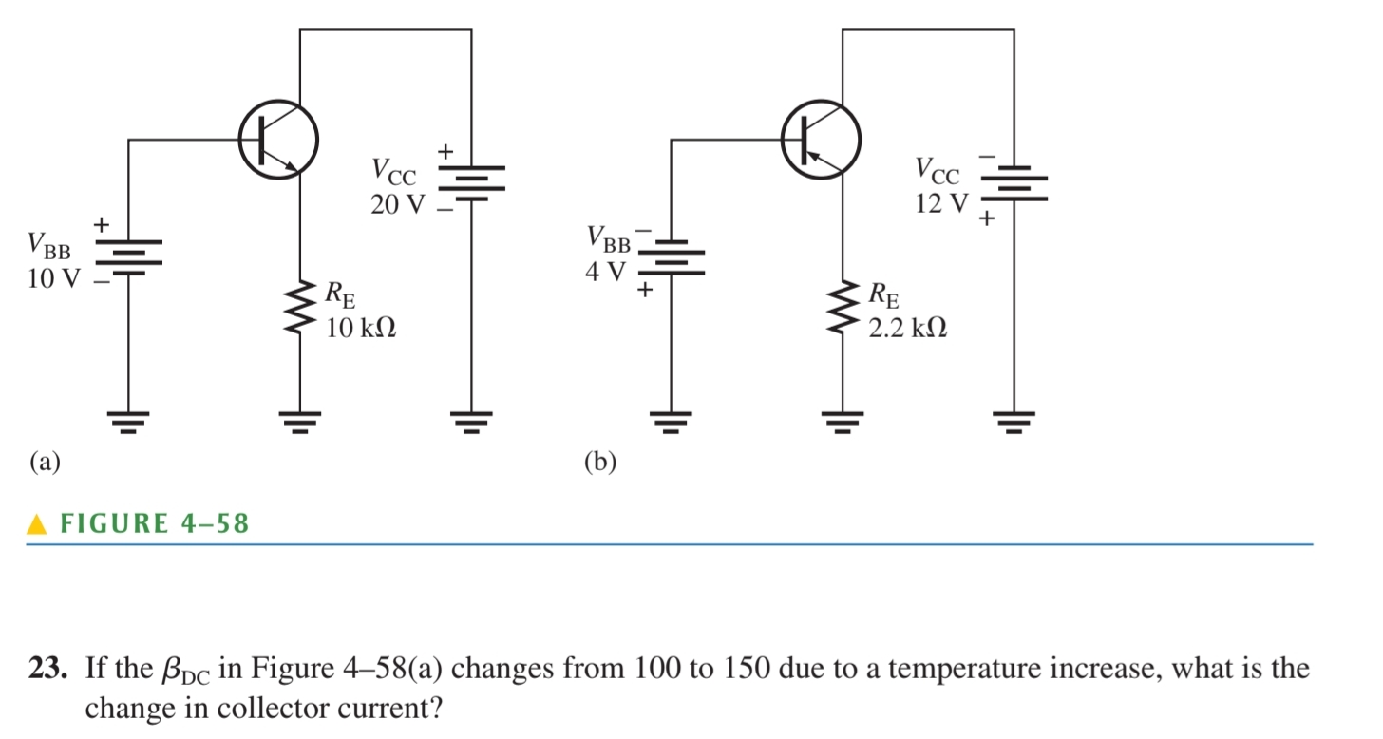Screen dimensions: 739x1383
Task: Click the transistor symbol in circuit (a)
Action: [277, 140]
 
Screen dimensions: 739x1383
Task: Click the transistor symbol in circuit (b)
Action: [821, 140]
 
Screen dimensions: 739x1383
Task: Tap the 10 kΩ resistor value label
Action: [360, 329]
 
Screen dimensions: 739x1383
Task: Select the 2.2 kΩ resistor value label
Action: [907, 329]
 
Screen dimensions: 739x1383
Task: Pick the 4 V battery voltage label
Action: [605, 274]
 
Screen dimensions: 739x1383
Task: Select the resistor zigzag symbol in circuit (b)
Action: [842, 306]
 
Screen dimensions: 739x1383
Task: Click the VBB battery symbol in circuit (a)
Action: [128, 255]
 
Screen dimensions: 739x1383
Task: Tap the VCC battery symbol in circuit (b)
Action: [1014, 186]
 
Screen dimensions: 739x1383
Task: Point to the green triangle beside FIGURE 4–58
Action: [36, 524]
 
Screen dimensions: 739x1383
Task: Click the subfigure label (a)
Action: [44, 463]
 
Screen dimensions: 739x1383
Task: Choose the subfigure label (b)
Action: [599, 463]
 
